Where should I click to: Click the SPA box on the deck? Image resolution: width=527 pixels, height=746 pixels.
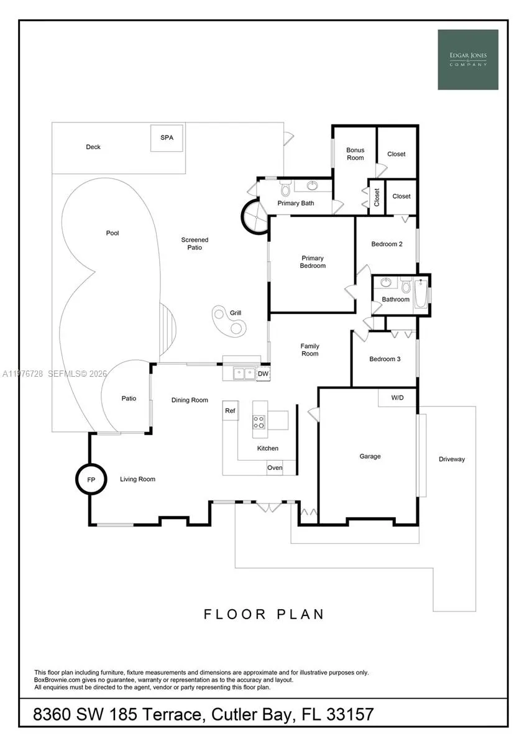[x=167, y=138]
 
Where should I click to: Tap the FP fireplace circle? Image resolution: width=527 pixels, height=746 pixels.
[x=90, y=479]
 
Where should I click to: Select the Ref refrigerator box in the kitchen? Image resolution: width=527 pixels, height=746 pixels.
[x=231, y=410]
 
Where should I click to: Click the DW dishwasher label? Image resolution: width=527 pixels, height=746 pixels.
[x=263, y=374]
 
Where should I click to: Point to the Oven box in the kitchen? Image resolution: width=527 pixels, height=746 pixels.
[x=275, y=467]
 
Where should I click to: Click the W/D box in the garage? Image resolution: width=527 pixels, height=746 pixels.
[x=397, y=397]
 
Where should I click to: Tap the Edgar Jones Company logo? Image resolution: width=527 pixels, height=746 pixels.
[x=467, y=60]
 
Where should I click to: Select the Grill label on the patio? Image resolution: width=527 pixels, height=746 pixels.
[x=236, y=313]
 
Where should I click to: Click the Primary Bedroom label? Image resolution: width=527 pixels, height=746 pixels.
[x=313, y=262]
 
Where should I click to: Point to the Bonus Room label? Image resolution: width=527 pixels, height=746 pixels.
[x=355, y=154]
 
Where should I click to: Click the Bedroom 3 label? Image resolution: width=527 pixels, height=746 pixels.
[x=385, y=359]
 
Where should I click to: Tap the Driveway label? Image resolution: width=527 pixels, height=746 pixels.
[x=451, y=459]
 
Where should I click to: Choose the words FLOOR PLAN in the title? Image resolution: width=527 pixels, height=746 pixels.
[x=263, y=614]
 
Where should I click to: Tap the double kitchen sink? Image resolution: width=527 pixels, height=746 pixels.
[x=244, y=374]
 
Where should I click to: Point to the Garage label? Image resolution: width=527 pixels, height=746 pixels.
[x=370, y=456]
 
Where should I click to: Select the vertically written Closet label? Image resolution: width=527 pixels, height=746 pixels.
[x=377, y=197]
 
